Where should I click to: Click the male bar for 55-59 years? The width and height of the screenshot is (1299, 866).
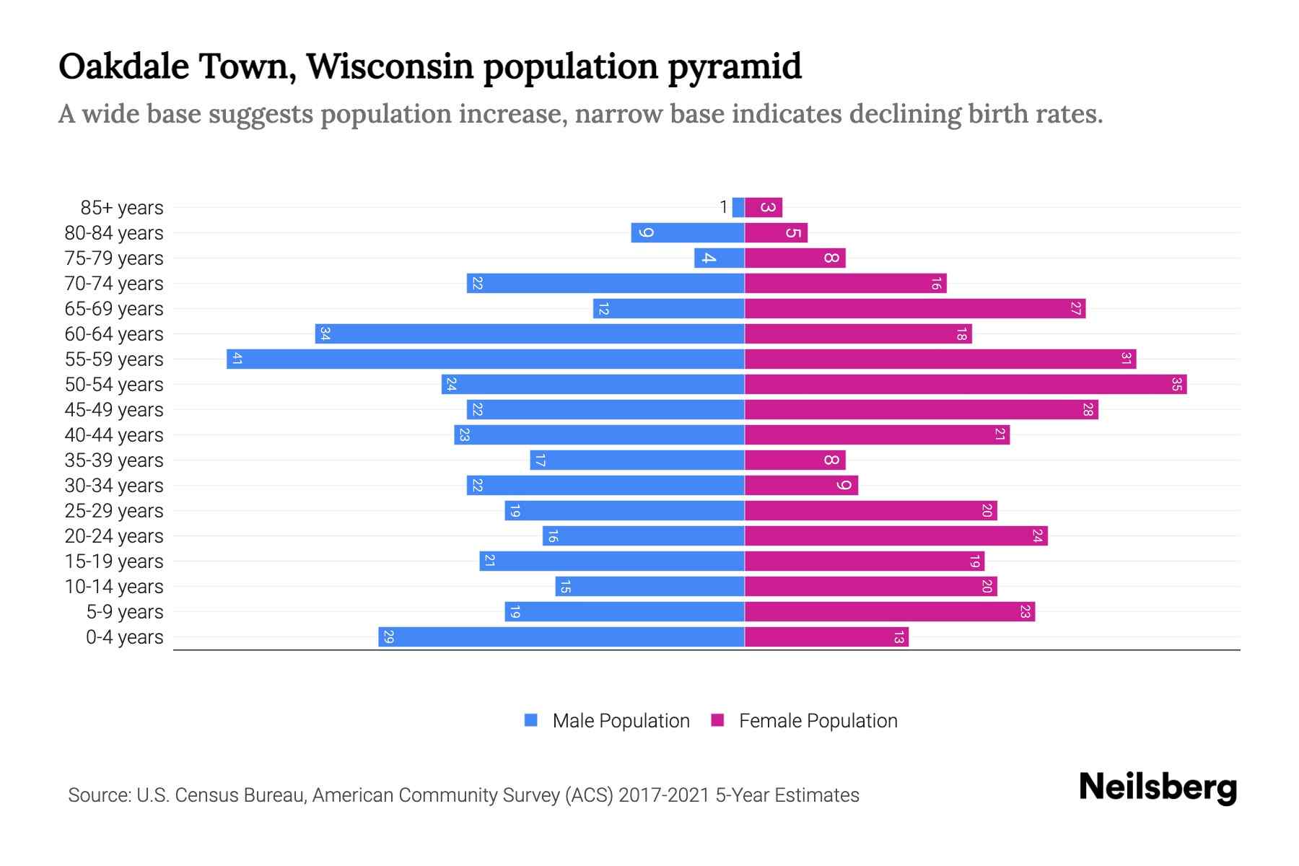coord(485,359)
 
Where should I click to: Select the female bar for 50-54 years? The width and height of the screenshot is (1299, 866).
coord(965,385)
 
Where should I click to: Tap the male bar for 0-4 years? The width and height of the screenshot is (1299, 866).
coord(561,637)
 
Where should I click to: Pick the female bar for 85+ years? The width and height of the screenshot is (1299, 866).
coord(763,208)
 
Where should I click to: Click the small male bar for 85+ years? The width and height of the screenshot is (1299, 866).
coord(738,208)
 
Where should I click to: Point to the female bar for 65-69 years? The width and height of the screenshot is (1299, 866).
coord(914,309)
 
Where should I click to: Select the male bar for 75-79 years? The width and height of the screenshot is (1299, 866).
coord(719,258)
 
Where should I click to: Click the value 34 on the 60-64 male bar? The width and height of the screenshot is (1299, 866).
coord(325,334)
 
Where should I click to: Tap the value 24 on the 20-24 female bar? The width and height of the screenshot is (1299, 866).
coord(1037,536)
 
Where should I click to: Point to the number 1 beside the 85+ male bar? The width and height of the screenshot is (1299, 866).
coord(723,208)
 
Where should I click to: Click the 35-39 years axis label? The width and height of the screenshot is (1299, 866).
coord(114,460)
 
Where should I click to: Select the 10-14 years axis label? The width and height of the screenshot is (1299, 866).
coord(114,587)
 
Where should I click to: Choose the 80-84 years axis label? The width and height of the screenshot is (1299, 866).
coord(114,233)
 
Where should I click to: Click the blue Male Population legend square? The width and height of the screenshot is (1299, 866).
coord(531,720)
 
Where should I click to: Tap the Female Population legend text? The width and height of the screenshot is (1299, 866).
coord(818,721)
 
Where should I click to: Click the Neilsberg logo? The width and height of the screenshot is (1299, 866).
coord(1158,787)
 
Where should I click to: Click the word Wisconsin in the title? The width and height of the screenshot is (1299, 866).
coord(389,66)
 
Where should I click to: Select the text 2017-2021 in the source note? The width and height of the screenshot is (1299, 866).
coord(664,795)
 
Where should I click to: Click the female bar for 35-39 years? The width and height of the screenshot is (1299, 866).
coord(795,460)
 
